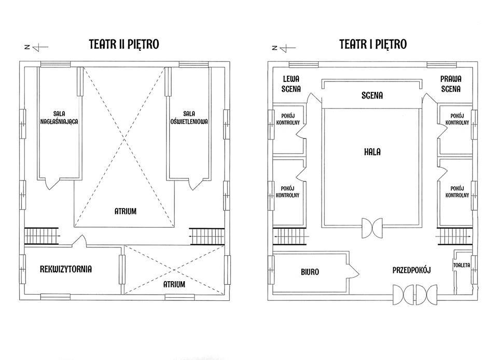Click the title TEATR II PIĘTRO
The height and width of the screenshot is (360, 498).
[124, 45]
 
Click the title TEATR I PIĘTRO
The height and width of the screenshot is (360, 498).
[373, 45]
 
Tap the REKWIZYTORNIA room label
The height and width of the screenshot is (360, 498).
[66, 270]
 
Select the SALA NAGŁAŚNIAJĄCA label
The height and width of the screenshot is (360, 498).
[59, 117]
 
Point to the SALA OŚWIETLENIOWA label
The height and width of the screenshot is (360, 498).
[189, 117]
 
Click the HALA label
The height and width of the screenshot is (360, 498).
[372, 152]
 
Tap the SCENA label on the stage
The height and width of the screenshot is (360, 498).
[372, 95]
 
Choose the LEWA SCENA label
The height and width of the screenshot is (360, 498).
[291, 84]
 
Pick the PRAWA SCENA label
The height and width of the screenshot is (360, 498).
[451, 84]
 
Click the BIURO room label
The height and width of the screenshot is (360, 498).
[310, 272]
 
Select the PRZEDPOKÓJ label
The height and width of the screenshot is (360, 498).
[411, 270]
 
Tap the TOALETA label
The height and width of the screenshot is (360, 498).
[462, 265]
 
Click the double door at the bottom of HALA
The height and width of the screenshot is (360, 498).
[372, 228]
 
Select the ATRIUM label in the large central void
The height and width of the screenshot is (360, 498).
[126, 212]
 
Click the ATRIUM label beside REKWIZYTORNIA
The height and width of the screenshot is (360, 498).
[174, 284]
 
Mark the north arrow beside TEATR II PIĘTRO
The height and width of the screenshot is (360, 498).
[36, 47]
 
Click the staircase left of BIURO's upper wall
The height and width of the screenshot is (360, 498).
[289, 237]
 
